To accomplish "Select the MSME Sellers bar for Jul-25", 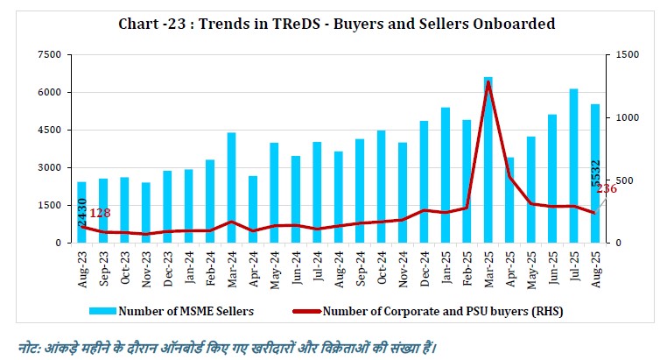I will coord(574,166).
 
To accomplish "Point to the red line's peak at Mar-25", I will coord(488,82).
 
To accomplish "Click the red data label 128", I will coord(99,213).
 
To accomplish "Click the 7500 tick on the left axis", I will coord(49,55).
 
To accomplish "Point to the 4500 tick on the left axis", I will coord(49,131).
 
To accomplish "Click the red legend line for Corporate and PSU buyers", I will coord(298,310).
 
